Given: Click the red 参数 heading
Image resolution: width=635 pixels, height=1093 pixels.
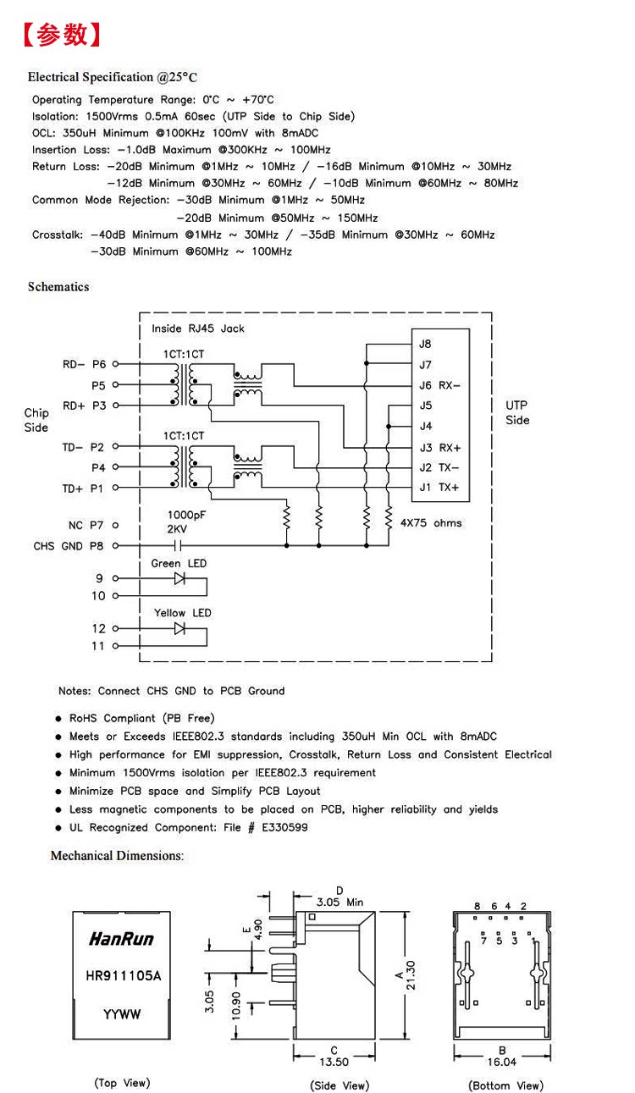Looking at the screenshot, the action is pyautogui.click(x=62, y=35).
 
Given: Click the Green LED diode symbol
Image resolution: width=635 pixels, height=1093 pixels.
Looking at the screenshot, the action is pyautogui.click(x=179, y=578).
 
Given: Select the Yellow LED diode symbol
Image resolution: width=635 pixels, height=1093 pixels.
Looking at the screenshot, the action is pyautogui.click(x=179, y=628).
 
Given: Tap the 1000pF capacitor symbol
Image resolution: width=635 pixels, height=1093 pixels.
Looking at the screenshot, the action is pyautogui.click(x=178, y=545).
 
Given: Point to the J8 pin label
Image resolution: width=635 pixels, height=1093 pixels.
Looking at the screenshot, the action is pyautogui.click(x=425, y=344).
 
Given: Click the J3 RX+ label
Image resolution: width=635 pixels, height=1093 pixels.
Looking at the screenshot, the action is pyautogui.click(x=439, y=448).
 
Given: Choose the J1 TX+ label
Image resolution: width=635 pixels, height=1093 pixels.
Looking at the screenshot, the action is pyautogui.click(x=439, y=487).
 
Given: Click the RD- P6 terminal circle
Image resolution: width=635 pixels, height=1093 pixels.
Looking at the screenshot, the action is pyautogui.click(x=116, y=364).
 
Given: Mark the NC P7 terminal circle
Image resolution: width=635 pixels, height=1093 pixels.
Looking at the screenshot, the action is pyautogui.click(x=115, y=525).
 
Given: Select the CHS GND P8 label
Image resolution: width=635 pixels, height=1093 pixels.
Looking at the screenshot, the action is pyautogui.click(x=69, y=545).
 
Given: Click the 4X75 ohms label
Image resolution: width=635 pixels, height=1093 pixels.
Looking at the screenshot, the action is pyautogui.click(x=431, y=523).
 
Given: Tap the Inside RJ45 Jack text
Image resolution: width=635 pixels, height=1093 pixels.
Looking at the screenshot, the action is pyautogui.click(x=197, y=328).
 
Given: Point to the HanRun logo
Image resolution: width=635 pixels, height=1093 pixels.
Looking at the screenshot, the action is pyautogui.click(x=122, y=938).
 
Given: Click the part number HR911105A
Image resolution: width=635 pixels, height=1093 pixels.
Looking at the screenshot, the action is pyautogui.click(x=123, y=976).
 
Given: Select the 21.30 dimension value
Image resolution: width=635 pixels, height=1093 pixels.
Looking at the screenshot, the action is pyautogui.click(x=411, y=975).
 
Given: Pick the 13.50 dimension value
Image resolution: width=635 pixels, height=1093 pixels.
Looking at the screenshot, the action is pyautogui.click(x=334, y=1062).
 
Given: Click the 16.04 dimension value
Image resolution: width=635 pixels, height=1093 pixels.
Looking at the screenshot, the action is pyautogui.click(x=502, y=1062).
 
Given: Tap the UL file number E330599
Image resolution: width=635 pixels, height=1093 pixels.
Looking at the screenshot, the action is pyautogui.click(x=284, y=827).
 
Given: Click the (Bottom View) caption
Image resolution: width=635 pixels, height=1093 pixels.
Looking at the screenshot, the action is pyautogui.click(x=505, y=1085).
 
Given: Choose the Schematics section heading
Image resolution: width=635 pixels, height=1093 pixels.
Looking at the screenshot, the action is pyautogui.click(x=58, y=286).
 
